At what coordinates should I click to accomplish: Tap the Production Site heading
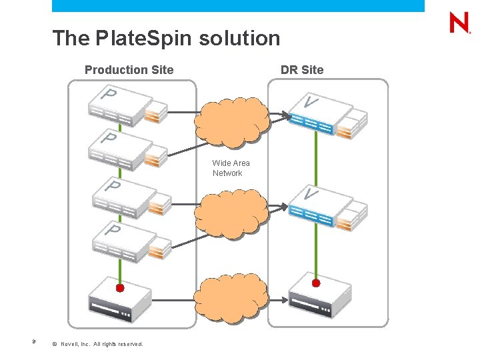tap(129, 70)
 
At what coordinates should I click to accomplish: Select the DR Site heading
tap(302, 70)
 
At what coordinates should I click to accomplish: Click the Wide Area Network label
tap(231, 168)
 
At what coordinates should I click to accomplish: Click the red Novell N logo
tap(459, 23)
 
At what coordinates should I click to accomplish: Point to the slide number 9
tap(33, 343)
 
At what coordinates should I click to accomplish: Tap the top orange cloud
tap(231, 121)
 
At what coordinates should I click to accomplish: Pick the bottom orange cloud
tap(231, 297)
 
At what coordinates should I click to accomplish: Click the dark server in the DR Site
tap(319, 299)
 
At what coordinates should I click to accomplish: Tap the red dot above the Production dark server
tap(120, 288)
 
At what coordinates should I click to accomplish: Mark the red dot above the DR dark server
tap(316, 283)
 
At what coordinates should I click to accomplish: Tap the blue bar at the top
tap(238, 6)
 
